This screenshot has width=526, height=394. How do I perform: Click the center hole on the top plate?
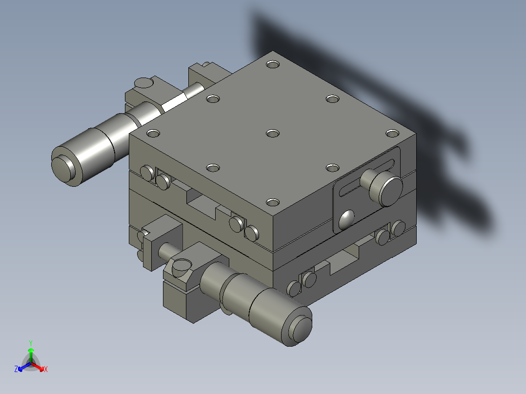(273, 133)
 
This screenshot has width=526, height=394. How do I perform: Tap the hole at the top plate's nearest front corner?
(273, 201)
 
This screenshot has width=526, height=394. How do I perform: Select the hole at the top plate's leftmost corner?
(153, 133)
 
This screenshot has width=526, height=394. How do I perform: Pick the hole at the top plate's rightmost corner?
(392, 133)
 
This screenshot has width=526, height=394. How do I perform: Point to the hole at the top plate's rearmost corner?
(273, 64)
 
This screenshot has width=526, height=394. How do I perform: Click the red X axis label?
(45, 370)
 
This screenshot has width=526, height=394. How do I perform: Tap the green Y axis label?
(30, 343)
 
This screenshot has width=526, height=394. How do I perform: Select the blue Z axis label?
(16, 369)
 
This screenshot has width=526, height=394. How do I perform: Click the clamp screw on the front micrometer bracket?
(180, 267)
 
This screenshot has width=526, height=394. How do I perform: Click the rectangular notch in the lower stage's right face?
(344, 261)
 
